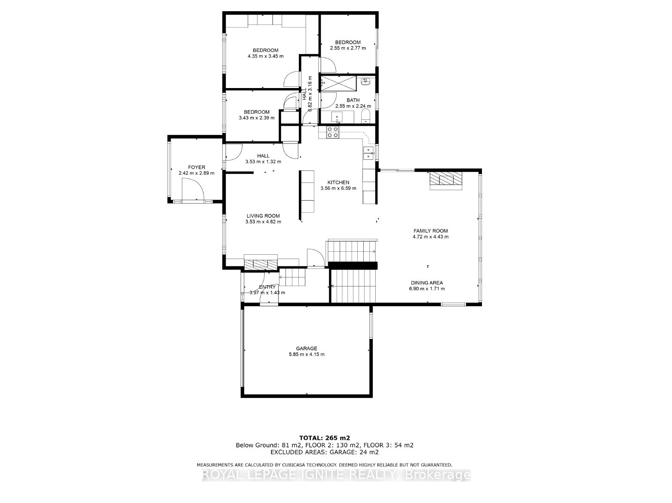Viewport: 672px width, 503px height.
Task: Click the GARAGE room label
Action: click(306, 348)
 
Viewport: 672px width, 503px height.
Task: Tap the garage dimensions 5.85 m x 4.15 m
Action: click(306, 354)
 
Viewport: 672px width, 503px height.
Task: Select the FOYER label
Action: click(196, 167)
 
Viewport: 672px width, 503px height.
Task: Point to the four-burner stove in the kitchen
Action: click(333, 132)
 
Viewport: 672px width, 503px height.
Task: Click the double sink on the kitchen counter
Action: click(368, 153)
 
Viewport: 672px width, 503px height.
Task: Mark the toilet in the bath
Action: click(366, 116)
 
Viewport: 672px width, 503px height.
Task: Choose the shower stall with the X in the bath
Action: click(338, 83)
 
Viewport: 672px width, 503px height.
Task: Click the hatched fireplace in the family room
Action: click(445, 180)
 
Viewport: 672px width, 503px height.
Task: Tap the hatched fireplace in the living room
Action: click(261, 264)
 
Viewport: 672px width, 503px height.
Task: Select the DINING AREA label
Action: click(427, 283)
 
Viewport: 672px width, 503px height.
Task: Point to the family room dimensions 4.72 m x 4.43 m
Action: click(430, 237)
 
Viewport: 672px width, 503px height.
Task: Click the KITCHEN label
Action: click(338, 182)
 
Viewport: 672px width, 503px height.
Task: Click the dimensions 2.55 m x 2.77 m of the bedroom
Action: click(348, 48)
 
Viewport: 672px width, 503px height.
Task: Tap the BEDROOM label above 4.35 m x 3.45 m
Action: click(265, 50)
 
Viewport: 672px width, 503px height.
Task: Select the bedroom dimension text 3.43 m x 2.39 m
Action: click(257, 118)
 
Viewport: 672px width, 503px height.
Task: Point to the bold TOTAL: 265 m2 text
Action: click(325, 438)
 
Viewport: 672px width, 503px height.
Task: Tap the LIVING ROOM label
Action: click(263, 216)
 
